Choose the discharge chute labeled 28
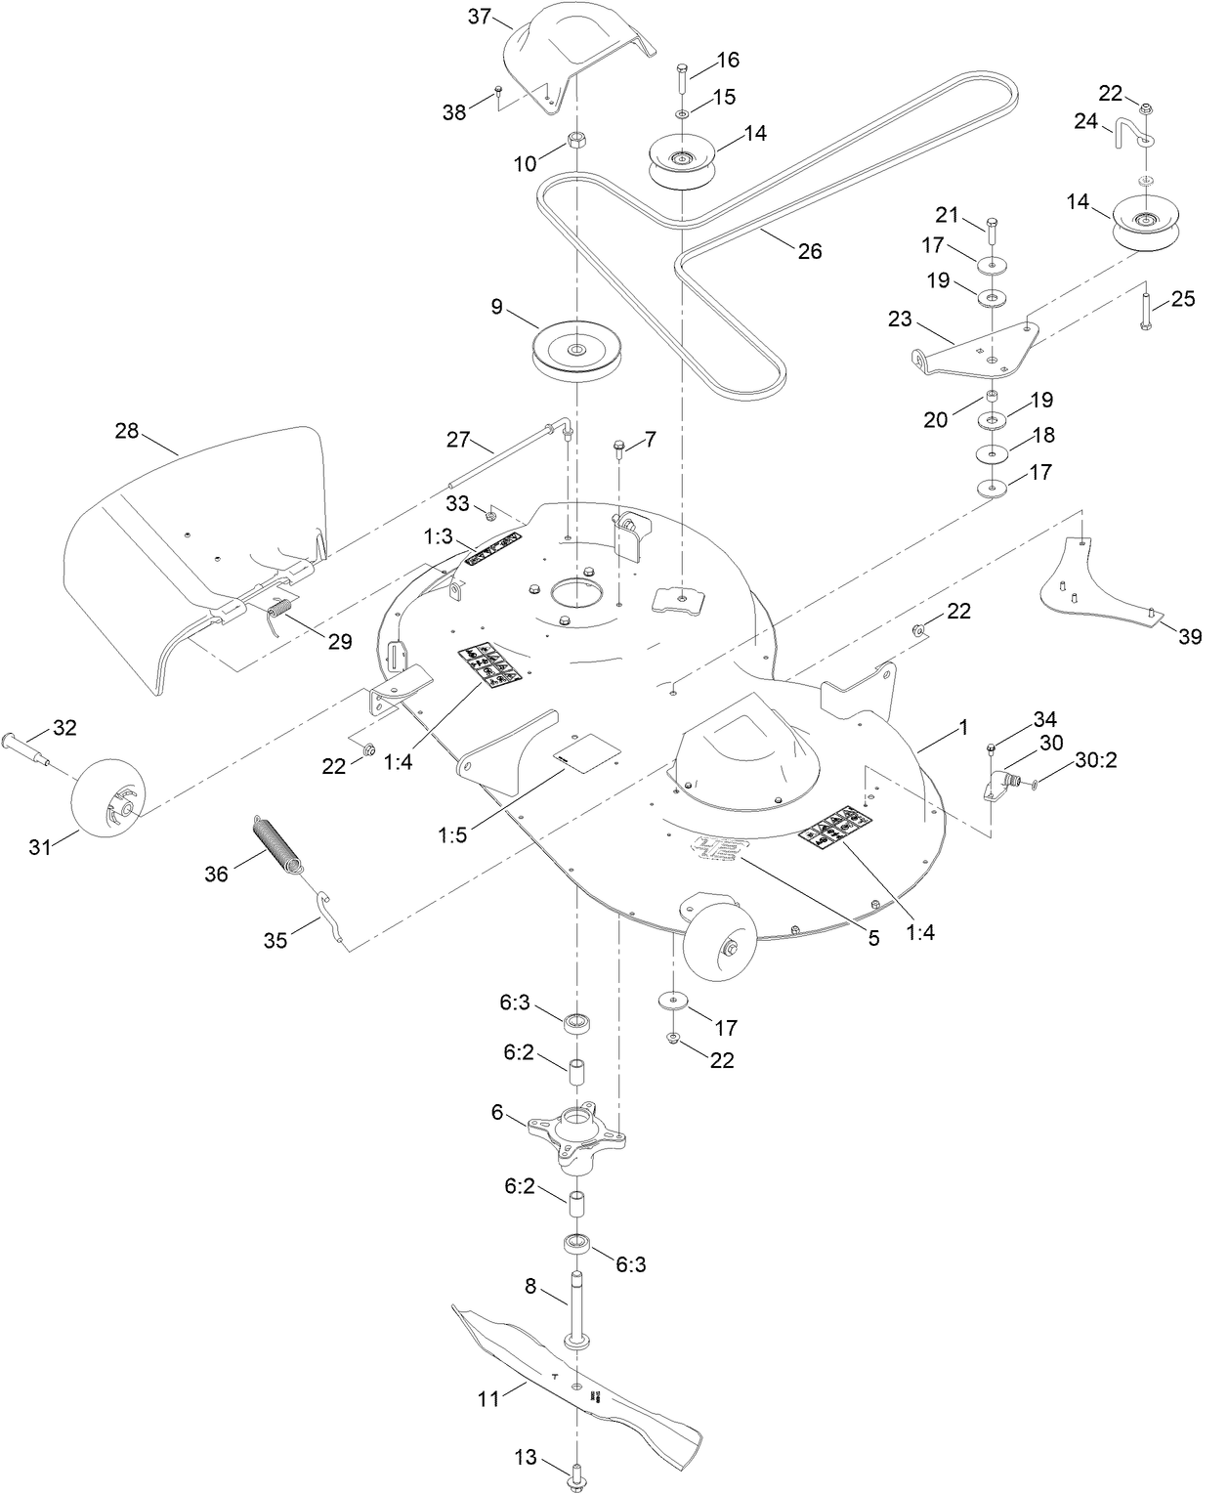(x=195, y=547)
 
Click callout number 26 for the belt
(x=809, y=251)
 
